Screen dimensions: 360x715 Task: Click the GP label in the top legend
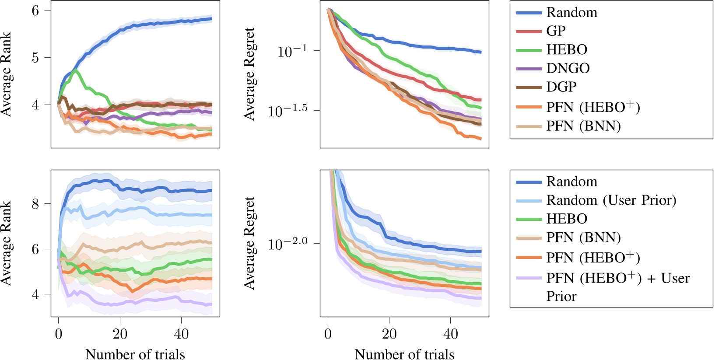[556, 31]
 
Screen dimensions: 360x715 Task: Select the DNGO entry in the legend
[568, 68]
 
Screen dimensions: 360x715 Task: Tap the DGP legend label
[561, 87]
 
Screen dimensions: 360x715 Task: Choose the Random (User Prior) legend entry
[611, 200]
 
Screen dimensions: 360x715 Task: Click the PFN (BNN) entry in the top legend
[583, 126]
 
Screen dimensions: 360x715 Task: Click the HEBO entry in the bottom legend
[567, 219]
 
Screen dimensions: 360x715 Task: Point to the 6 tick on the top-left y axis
[35, 10]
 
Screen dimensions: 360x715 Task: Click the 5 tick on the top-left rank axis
[35, 57]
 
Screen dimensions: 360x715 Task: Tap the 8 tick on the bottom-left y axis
[35, 204]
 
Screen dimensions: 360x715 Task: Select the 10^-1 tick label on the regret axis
[292, 51]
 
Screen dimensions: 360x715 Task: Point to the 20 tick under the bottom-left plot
[120, 334]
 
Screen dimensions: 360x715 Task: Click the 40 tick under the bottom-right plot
[451, 334]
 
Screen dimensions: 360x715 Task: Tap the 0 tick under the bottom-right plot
[328, 334]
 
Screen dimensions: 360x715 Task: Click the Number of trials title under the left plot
[135, 353]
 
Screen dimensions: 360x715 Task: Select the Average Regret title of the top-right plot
[249, 74]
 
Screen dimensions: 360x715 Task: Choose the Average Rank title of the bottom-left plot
[6, 243]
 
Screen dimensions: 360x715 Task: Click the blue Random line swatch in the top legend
[529, 13]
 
